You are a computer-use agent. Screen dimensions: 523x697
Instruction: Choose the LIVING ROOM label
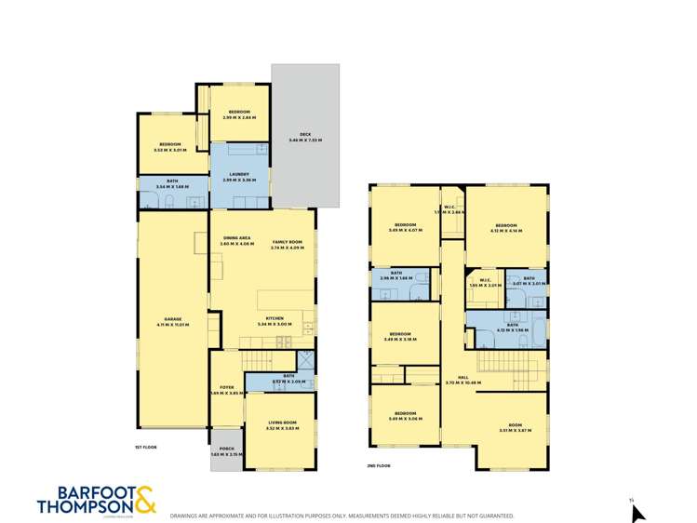click(x=280, y=422)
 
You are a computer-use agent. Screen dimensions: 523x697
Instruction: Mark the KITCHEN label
click(x=275, y=318)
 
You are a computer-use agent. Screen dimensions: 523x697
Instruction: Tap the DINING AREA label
click(x=237, y=238)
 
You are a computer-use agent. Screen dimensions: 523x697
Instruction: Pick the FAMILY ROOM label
click(x=288, y=241)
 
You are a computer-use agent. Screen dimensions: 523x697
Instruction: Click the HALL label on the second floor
click(x=455, y=377)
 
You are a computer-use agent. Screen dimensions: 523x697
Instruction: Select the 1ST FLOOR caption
click(x=145, y=448)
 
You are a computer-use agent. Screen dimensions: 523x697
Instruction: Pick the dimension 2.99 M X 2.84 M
click(x=239, y=117)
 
